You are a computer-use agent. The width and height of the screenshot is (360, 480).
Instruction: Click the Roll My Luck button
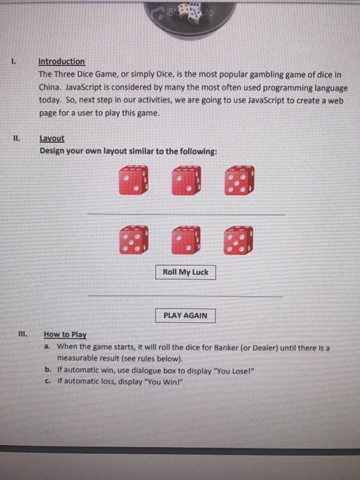coord(185,272)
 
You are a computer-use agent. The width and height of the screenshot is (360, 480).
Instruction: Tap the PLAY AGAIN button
coord(185,316)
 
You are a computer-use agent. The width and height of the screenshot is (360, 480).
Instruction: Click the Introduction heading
coord(62,62)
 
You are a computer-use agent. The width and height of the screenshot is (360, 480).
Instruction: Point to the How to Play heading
coord(64,335)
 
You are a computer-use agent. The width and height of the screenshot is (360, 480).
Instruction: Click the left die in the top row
coord(133,180)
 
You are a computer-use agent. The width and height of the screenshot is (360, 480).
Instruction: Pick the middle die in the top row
coord(186,180)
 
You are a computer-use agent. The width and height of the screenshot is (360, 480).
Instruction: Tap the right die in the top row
coord(238,180)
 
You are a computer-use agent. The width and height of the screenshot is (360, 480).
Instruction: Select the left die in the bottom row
coord(133,240)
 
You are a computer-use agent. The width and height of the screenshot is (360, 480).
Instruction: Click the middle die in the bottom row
coord(186,240)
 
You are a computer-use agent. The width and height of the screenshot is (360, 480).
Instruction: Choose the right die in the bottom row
coord(238,240)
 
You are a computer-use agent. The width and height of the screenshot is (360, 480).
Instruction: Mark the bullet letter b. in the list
coord(46,370)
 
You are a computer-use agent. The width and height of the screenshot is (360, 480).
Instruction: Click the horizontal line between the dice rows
coord(185,215)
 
